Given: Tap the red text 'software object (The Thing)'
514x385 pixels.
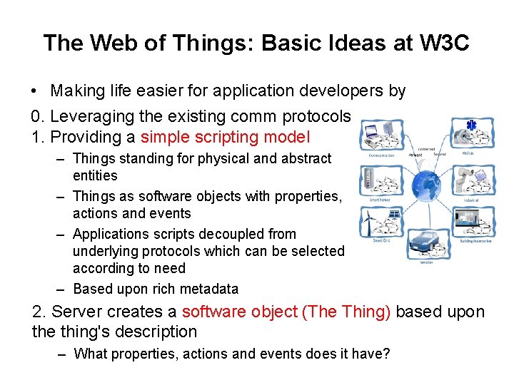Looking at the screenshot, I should (286, 312).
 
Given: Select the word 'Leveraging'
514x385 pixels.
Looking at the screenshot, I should (84, 116).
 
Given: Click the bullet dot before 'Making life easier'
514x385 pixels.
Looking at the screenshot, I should (34, 92).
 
